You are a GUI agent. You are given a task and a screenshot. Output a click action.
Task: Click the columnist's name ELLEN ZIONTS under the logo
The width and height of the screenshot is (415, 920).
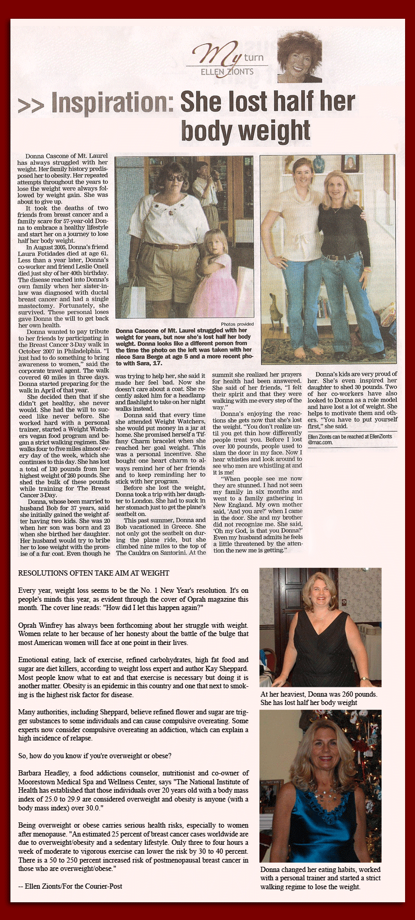click(x=227, y=71)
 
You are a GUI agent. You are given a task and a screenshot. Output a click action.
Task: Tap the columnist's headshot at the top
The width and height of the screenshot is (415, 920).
click(x=299, y=57)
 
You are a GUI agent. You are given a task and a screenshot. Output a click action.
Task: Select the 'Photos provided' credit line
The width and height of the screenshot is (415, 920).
click(x=237, y=324)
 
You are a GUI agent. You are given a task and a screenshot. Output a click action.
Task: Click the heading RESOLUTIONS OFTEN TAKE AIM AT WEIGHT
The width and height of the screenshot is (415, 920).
click(x=93, y=573)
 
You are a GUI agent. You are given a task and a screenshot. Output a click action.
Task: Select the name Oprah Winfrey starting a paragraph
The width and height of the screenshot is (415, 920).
click(x=44, y=625)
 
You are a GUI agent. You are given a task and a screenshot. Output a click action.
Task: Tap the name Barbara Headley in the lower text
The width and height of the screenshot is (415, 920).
click(x=46, y=773)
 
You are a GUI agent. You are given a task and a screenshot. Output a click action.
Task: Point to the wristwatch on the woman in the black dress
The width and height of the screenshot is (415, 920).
click(x=363, y=678)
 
